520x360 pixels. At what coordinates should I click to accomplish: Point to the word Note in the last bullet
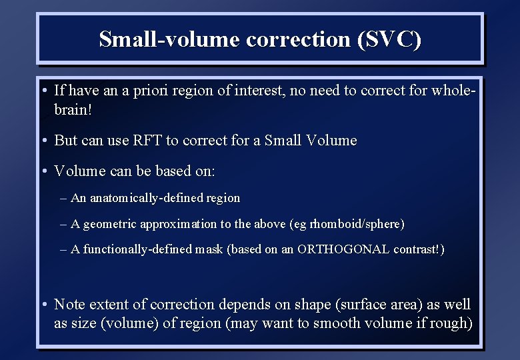coord(69,305)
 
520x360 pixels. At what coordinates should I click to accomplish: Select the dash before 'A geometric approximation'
coord(63,225)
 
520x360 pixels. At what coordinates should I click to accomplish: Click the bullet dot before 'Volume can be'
coord(43,172)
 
